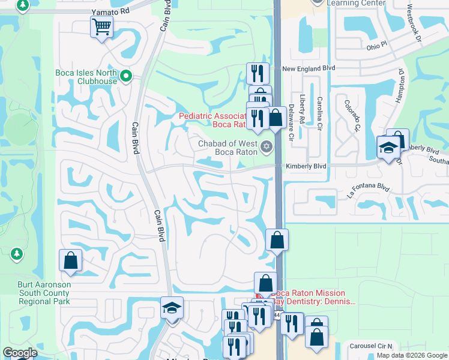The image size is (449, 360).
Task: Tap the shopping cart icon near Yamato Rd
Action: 101,26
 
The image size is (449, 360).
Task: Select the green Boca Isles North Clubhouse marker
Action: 126,76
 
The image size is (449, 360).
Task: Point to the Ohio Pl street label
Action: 379,46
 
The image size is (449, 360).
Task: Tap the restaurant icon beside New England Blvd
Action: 258,73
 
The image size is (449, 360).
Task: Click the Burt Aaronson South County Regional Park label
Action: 43,293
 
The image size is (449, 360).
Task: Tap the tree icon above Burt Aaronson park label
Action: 16,255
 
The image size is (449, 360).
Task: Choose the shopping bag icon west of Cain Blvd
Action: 70,260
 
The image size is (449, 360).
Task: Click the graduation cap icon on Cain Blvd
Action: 172,308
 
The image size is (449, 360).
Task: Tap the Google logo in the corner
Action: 20,353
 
